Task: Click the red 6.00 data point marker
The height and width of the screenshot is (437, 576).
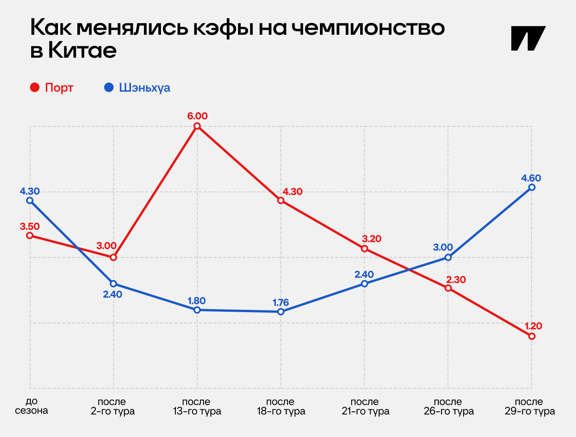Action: tap(197, 126)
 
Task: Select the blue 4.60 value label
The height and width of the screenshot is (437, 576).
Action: tap(531, 178)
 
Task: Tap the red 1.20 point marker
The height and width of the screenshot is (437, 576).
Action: tap(532, 336)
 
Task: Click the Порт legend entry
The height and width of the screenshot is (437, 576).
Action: tap(52, 87)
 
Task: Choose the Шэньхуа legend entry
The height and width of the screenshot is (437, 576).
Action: tap(137, 87)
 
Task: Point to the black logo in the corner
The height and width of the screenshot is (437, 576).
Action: tap(528, 38)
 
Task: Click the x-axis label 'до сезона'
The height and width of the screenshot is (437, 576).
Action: tap(32, 406)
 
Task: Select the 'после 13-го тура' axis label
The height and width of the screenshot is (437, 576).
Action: tap(197, 407)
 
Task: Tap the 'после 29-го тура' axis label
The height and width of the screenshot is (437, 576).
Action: tap(529, 407)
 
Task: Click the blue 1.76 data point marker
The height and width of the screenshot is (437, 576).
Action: tap(281, 312)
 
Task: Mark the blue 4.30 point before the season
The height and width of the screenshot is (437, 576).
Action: tap(30, 200)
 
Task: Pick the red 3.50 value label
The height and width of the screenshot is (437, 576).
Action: tap(30, 226)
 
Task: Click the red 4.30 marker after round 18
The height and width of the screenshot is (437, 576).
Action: tap(281, 200)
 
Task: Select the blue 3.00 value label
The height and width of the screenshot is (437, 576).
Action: tap(443, 247)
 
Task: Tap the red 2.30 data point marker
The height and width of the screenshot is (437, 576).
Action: tap(448, 288)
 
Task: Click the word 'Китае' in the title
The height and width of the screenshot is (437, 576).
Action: tap(82, 51)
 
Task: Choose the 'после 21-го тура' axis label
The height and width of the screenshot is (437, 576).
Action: tap(365, 407)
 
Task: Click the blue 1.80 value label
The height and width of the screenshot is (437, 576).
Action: tap(196, 301)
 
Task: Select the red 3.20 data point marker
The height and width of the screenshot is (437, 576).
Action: tap(365, 249)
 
